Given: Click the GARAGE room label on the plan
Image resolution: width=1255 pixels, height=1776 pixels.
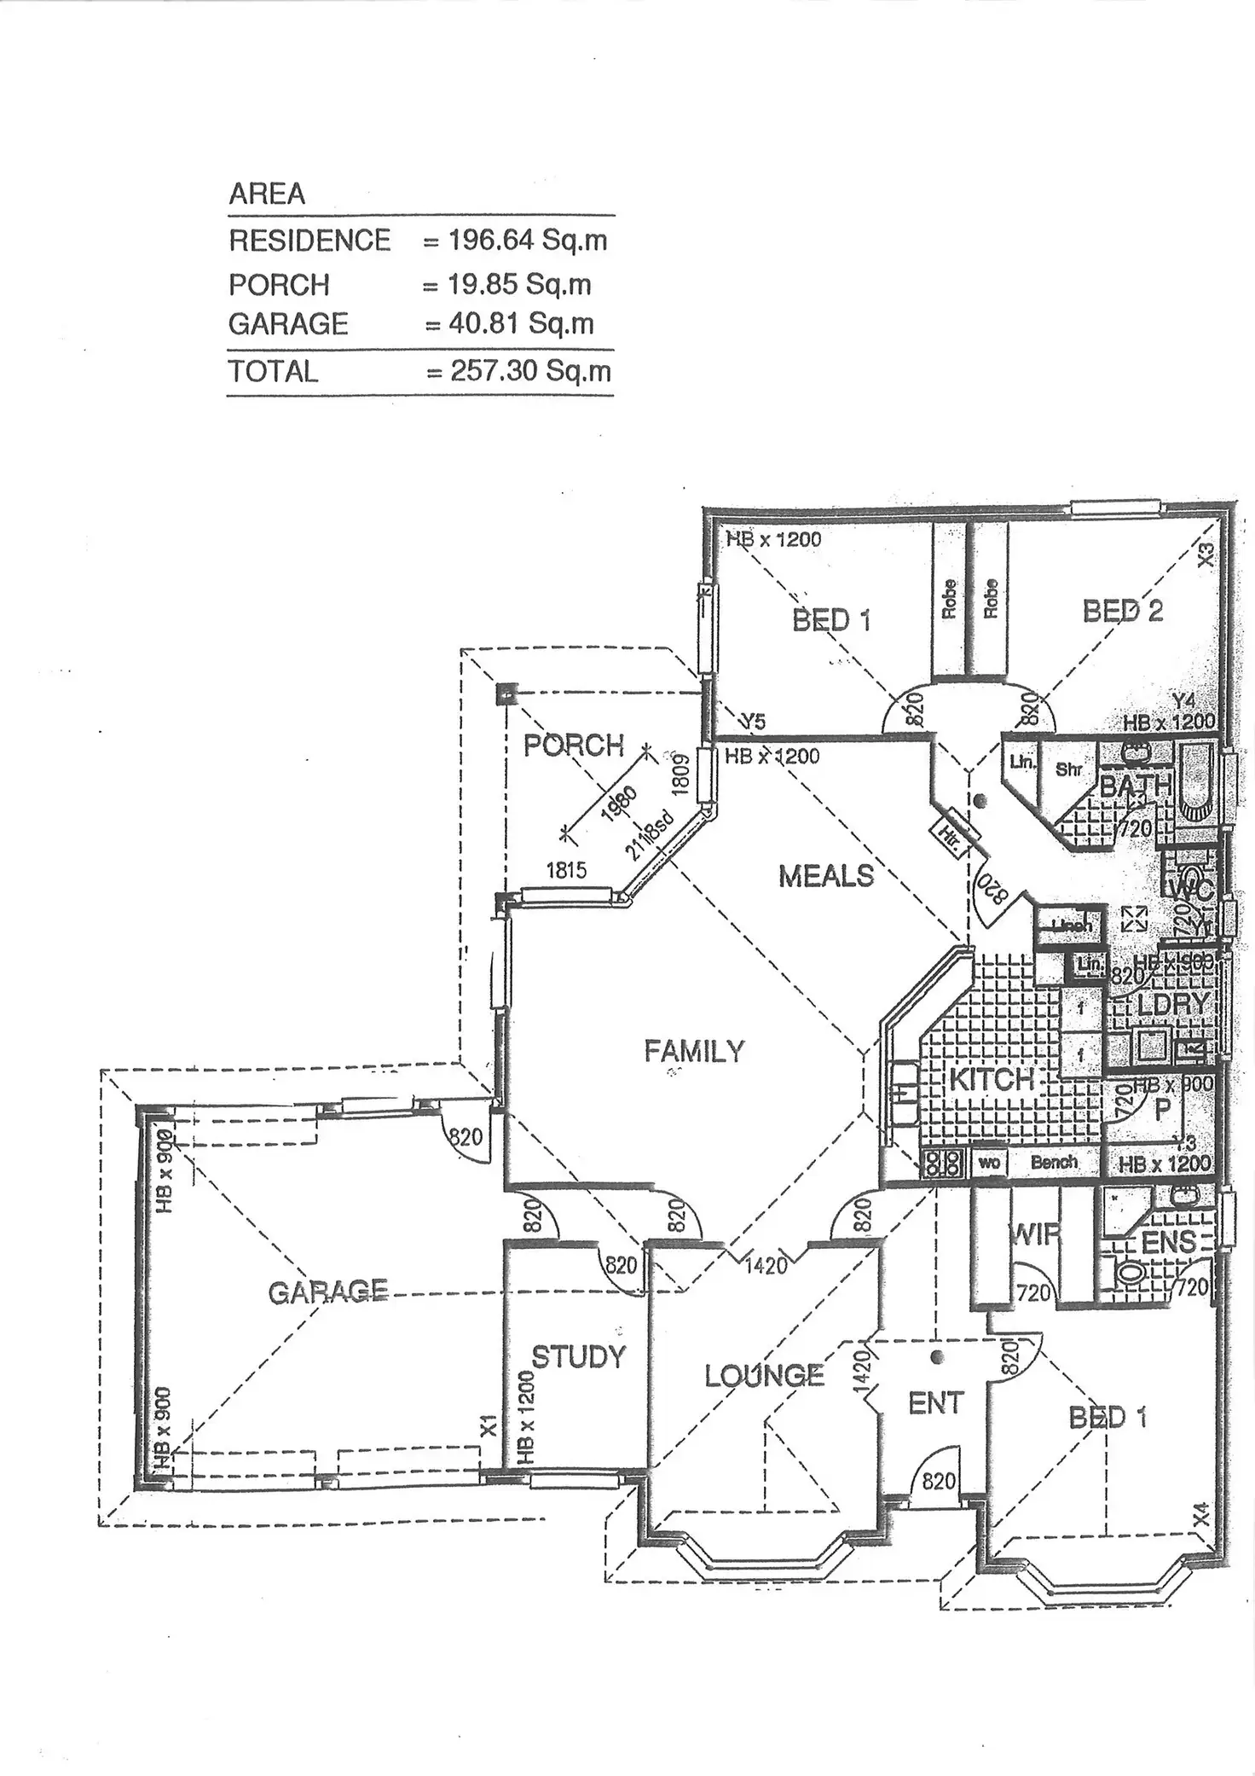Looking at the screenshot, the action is (328, 1292).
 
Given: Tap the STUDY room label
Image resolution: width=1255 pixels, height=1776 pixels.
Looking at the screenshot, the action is (579, 1356).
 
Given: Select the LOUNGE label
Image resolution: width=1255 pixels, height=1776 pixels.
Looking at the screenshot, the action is (764, 1375).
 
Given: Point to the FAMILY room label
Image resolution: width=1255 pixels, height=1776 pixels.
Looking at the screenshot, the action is (694, 1051).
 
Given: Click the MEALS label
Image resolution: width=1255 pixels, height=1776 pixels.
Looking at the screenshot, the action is (826, 876).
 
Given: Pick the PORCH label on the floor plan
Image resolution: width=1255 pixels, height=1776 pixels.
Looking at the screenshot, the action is (574, 746).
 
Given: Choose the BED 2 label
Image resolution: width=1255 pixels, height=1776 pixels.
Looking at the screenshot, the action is (1122, 611).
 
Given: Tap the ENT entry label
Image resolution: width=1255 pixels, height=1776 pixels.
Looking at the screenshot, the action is (935, 1403).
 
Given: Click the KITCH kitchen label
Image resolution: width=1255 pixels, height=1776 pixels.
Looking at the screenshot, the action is (991, 1079).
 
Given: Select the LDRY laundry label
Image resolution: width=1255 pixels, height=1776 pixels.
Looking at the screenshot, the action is (1172, 1003).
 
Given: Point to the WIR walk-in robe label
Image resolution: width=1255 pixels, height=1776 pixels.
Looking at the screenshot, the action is (1034, 1233).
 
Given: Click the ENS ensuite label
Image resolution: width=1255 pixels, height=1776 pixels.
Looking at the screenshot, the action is (1168, 1242).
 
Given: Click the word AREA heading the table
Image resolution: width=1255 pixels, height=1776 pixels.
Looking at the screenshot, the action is (267, 194).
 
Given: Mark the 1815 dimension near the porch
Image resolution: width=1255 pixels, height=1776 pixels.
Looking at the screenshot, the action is (566, 870).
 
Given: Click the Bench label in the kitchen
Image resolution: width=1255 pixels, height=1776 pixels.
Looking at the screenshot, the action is (1054, 1162).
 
